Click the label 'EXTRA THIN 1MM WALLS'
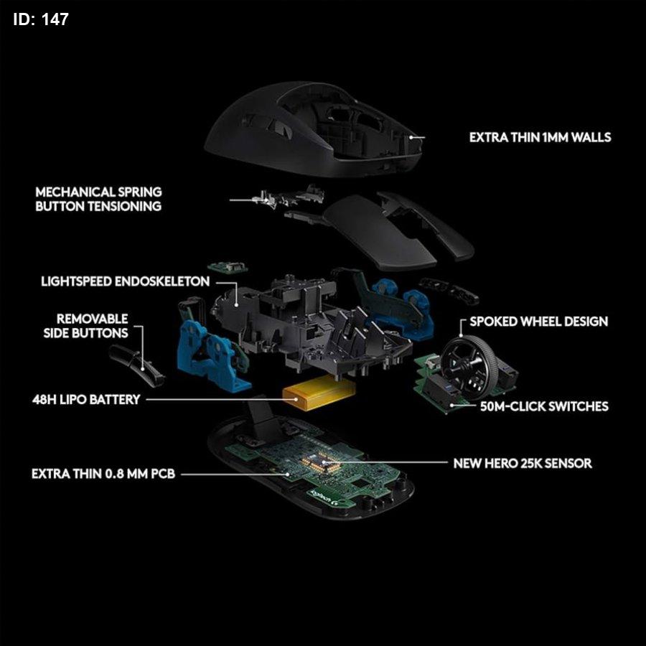click(540, 137)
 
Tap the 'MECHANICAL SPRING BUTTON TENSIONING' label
click(98, 199)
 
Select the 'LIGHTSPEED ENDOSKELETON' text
click(125, 281)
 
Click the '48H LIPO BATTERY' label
click(86, 399)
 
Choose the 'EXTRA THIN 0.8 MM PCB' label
click(103, 474)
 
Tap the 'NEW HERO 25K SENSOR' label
click(523, 463)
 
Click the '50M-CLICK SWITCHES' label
click(544, 407)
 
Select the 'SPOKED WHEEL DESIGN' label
click(538, 322)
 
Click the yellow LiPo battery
click(318, 395)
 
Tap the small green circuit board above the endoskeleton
click(228, 267)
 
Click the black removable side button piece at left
click(137, 366)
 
